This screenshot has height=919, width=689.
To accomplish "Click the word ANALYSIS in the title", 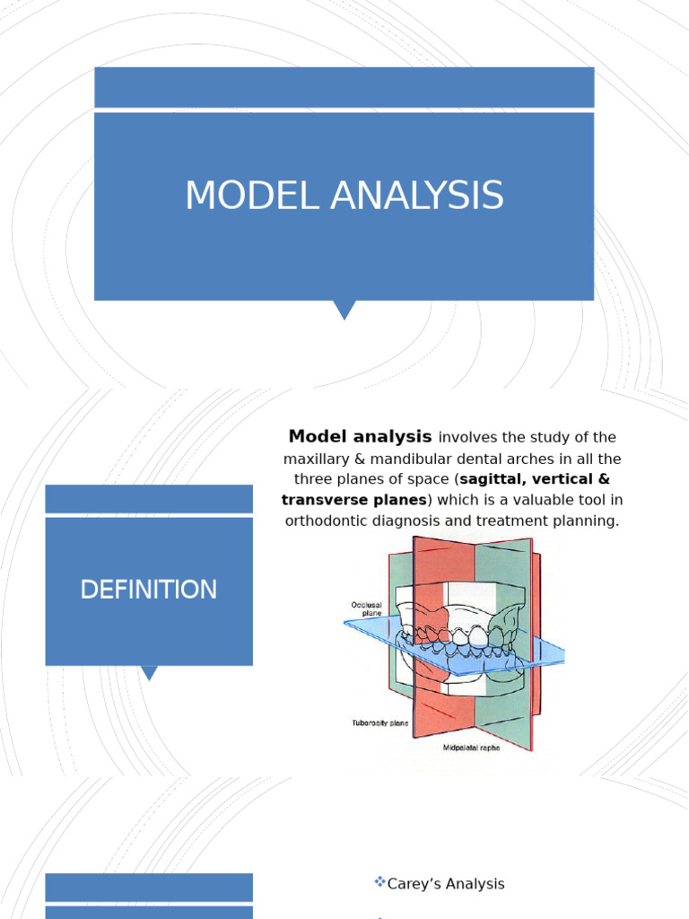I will (x=416, y=197).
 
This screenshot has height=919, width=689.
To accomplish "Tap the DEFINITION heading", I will (x=148, y=590).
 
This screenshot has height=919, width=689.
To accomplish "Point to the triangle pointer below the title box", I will (x=344, y=310).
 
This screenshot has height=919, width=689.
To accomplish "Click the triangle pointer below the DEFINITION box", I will (x=149, y=672).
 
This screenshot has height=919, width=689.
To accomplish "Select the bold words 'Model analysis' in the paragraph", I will (x=360, y=437).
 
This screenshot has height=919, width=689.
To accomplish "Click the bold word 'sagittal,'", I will (x=497, y=479).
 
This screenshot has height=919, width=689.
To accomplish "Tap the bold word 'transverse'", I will (x=321, y=500).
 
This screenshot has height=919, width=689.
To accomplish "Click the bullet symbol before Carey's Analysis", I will (x=379, y=883).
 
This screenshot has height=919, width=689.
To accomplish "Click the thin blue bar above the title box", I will (x=344, y=87).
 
